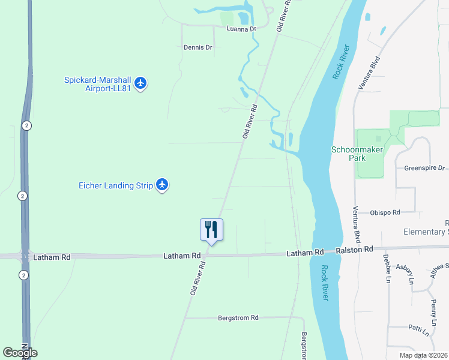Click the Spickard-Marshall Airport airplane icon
(x=140, y=83)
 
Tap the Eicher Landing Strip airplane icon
(x=162, y=185)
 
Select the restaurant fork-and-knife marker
(x=211, y=230)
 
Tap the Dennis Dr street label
(x=198, y=47)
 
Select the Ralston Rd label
(x=354, y=249)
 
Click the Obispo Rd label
(x=385, y=212)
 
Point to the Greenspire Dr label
(x=424, y=168)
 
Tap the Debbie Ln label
(x=386, y=268)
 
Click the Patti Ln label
(x=418, y=331)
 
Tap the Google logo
(x=20, y=353)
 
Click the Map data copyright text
(x=424, y=355)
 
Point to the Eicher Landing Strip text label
(x=116, y=185)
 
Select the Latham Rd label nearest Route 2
(x=52, y=257)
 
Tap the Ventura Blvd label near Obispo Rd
(x=355, y=221)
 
